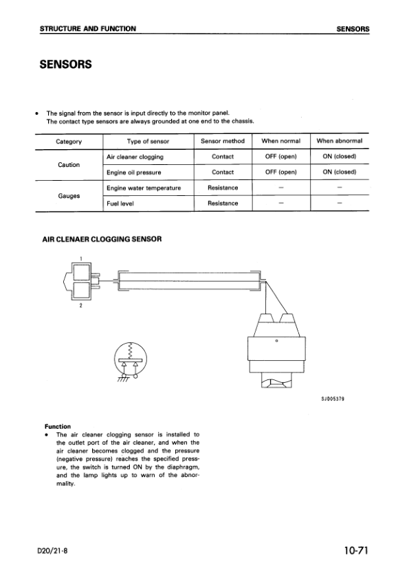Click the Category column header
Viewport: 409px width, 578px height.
69,142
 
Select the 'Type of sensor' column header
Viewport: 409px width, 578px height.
148,142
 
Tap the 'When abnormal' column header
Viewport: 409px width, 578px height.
340,142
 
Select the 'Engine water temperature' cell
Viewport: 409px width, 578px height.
144,188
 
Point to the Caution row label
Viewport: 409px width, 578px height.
69,165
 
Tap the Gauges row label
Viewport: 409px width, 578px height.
69,196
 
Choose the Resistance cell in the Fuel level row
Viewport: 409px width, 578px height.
223,203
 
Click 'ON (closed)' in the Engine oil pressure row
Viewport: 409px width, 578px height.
340,172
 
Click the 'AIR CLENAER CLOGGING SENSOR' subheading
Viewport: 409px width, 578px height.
102,239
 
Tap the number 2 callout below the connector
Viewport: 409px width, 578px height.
80,306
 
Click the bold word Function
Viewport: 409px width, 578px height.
59,426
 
